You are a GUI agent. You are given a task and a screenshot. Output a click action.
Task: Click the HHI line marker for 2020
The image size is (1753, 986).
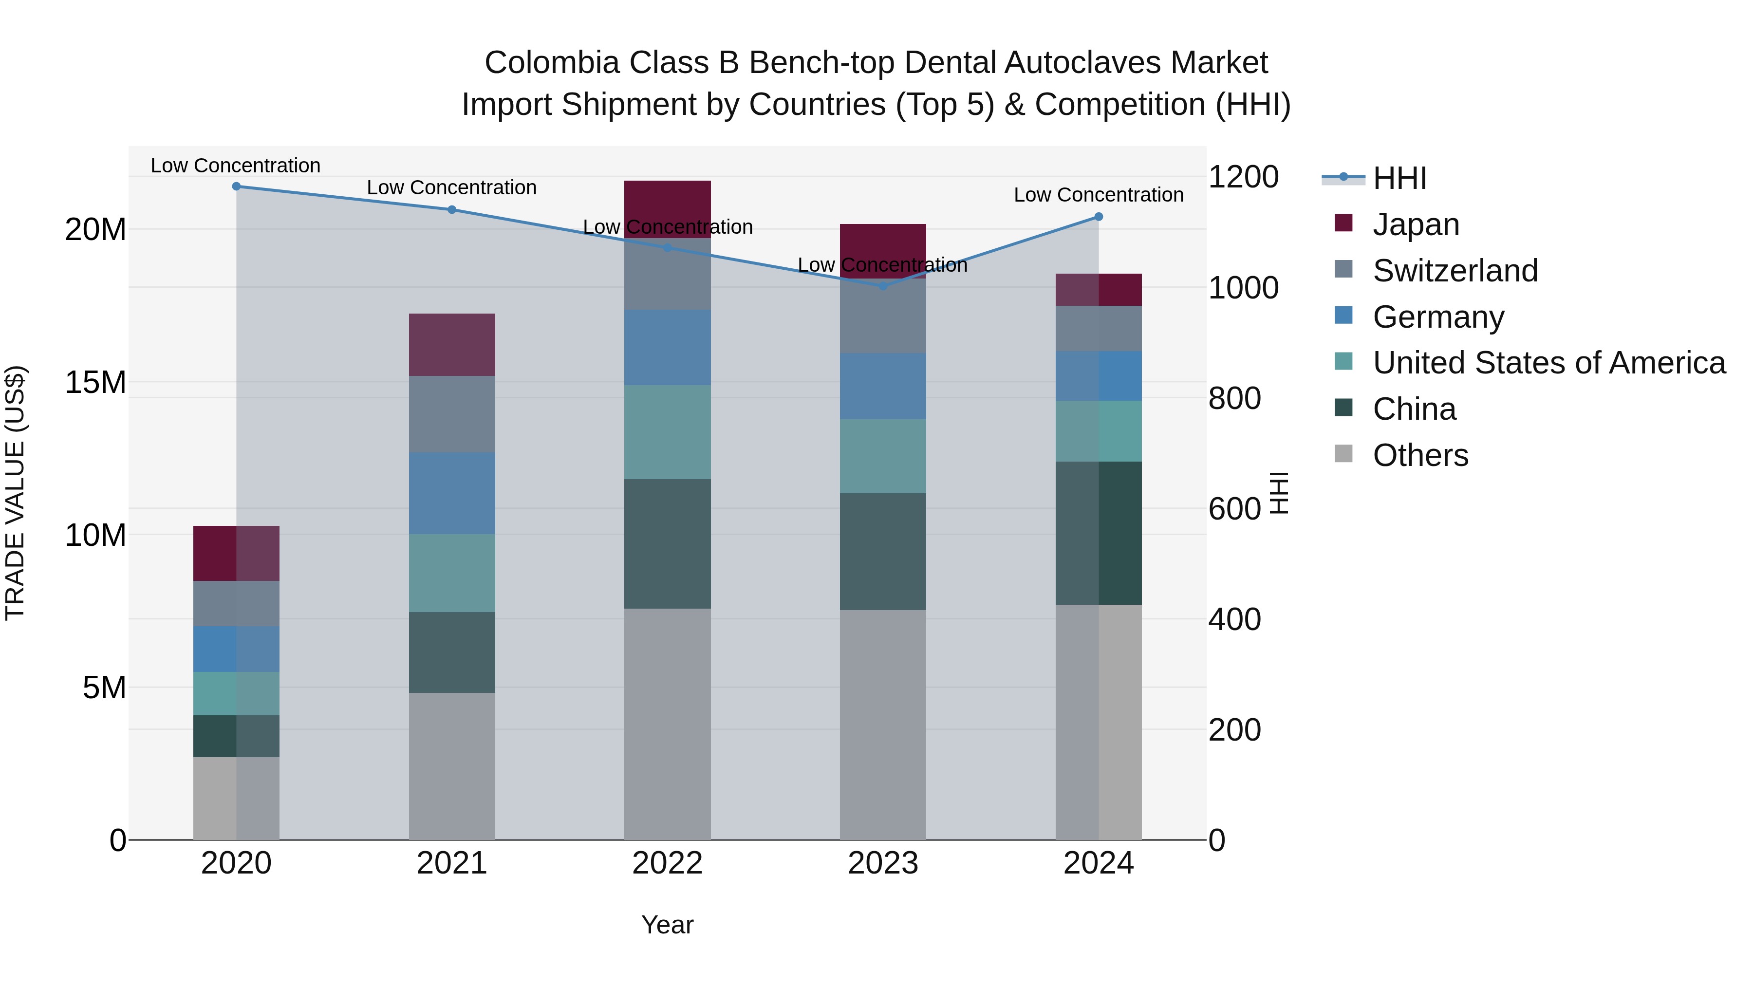pyautogui.click(x=236, y=186)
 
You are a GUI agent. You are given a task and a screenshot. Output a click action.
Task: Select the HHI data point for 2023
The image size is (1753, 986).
pyautogui.click(x=883, y=286)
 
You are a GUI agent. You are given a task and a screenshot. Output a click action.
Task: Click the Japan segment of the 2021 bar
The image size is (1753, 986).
pyautogui.click(x=452, y=345)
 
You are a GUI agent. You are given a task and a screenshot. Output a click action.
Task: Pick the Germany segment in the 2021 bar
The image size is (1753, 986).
pyautogui.click(x=452, y=493)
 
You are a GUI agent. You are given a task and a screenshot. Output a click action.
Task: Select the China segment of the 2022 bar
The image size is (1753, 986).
pyautogui.click(x=667, y=544)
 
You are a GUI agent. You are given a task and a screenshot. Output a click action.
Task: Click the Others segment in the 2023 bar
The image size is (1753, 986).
pyautogui.click(x=883, y=725)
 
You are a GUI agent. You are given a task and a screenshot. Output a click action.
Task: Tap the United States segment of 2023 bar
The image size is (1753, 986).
pyautogui.click(x=883, y=456)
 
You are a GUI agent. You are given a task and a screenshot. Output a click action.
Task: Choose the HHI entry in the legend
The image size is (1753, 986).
pyautogui.click(x=1399, y=178)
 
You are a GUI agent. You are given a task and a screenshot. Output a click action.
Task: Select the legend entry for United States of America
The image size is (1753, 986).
pyautogui.click(x=1548, y=363)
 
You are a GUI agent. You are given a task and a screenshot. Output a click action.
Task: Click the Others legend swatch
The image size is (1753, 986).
pyautogui.click(x=1343, y=454)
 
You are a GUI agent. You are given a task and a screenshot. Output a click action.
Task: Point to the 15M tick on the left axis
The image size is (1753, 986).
pyautogui.click(x=95, y=382)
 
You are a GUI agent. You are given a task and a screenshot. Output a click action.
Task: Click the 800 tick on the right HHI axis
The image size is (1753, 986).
pyautogui.click(x=1234, y=398)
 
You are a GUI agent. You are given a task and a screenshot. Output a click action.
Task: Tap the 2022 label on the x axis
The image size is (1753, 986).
pyautogui.click(x=667, y=863)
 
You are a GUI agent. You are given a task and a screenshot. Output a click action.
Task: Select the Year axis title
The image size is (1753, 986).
pyautogui.click(x=667, y=925)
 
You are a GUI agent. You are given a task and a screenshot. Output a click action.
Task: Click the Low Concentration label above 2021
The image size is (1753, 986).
pyautogui.click(x=452, y=188)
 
